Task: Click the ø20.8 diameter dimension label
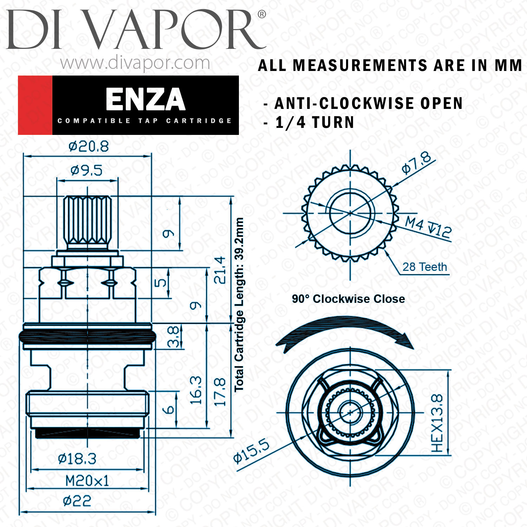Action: tap(89, 146)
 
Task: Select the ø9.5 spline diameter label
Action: tap(86, 171)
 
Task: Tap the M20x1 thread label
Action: tap(87, 481)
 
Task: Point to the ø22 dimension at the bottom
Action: tap(77, 501)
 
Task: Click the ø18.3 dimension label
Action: tap(77, 458)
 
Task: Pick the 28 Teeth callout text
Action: tap(425, 267)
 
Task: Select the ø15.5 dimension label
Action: tap(252, 450)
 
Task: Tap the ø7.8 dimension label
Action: tap(417, 163)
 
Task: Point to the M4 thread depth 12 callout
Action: tap(428, 227)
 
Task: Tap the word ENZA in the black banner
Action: tap(145, 99)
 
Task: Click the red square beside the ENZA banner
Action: tap(35, 105)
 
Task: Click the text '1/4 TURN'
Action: tap(315, 123)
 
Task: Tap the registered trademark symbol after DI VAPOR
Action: tap(262, 14)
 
